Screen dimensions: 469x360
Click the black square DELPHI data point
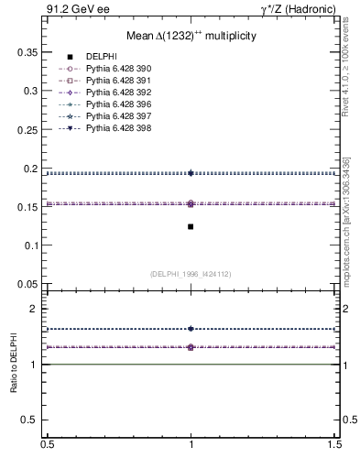(x=191, y=226)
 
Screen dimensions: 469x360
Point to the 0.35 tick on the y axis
(x=27, y=53)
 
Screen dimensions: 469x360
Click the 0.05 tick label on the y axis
(x=27, y=283)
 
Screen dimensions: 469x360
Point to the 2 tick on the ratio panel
(x=35, y=310)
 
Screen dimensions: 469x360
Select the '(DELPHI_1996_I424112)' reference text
(x=191, y=273)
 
